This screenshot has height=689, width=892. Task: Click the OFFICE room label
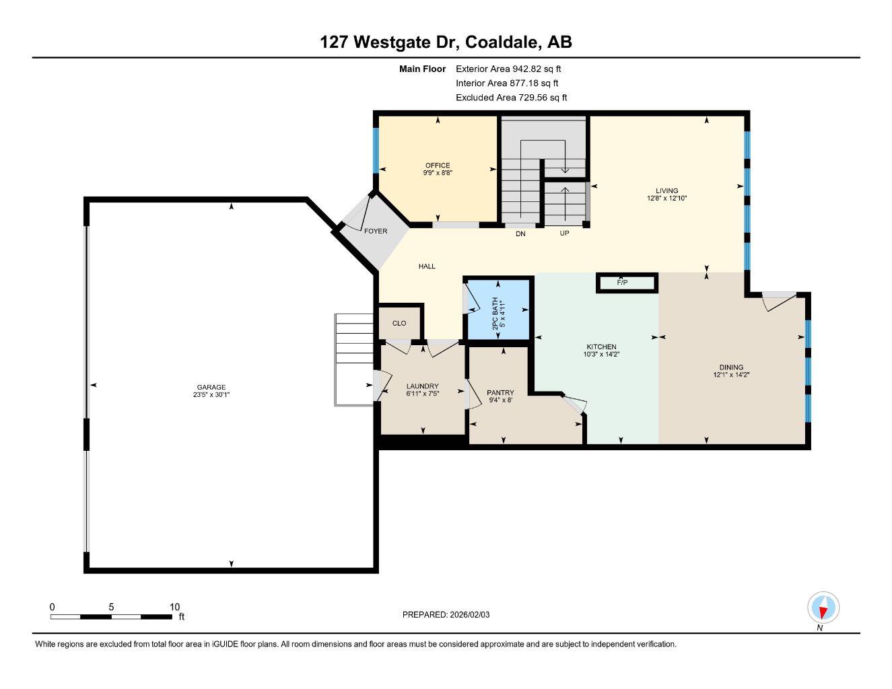tap(438, 166)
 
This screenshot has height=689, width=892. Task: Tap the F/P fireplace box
tap(626, 283)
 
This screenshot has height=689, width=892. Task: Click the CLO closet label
tap(399, 324)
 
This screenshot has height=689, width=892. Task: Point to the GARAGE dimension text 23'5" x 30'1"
tap(211, 396)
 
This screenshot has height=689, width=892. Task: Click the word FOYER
tap(376, 231)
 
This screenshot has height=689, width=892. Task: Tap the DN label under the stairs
tap(520, 234)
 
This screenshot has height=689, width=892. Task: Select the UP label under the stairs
tap(564, 233)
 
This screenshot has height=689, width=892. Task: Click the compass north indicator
tap(823, 608)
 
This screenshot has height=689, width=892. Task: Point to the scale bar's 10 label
tap(174, 607)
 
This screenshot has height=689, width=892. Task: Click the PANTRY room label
tap(500, 393)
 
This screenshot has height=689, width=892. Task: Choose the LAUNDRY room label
tap(422, 387)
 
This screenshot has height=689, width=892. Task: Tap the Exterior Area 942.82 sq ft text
tap(508, 69)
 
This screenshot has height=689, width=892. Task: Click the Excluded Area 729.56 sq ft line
tap(511, 98)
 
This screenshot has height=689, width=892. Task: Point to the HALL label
tap(427, 266)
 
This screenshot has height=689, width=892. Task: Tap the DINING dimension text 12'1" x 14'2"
tap(731, 375)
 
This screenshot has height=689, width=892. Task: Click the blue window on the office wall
tap(375, 150)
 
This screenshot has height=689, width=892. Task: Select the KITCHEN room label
tap(601, 347)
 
